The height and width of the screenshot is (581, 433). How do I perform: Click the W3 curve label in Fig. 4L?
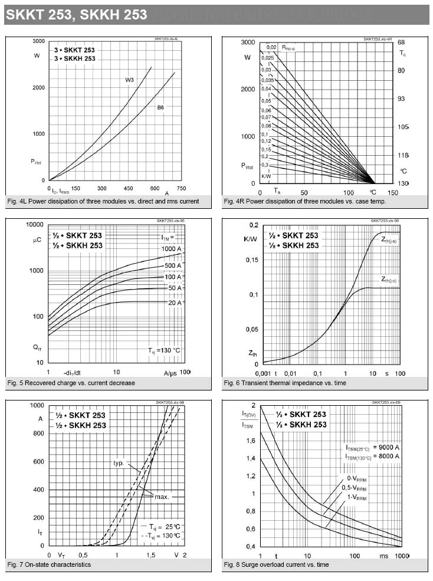[x=129, y=80]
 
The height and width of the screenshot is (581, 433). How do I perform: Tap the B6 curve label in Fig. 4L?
[x=160, y=108]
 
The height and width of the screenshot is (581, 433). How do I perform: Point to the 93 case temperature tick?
[x=401, y=99]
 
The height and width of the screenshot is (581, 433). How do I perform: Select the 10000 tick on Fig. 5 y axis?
[x=34, y=225]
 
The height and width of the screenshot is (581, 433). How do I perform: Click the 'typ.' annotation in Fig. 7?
[x=120, y=463]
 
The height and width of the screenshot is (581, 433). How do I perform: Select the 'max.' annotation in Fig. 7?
[x=162, y=497]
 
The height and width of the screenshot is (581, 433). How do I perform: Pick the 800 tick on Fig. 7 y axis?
[x=38, y=434]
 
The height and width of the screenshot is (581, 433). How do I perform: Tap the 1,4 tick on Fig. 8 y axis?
[x=251, y=458]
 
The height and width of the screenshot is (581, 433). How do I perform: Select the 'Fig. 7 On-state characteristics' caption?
[x=50, y=564]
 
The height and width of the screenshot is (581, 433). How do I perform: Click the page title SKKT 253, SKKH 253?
[x=77, y=15]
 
